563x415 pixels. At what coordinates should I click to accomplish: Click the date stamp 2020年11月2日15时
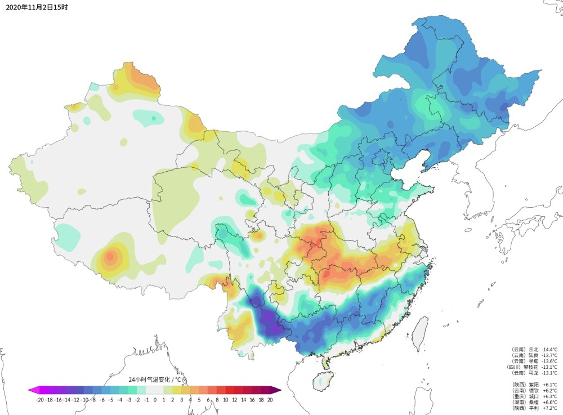[34, 7]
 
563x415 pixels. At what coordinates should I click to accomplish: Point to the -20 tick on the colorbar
[39, 400]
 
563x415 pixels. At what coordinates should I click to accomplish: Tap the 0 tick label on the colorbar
[155, 400]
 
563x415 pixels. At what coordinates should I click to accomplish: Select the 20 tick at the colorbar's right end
[270, 400]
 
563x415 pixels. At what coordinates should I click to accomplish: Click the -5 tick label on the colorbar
[111, 400]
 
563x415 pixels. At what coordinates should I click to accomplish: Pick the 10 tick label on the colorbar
[226, 400]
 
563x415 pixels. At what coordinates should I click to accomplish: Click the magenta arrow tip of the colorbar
[32, 390]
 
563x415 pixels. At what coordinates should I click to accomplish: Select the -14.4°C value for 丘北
[549, 350]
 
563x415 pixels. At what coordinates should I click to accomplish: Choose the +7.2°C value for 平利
[549, 408]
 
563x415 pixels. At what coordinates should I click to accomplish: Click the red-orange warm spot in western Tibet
[110, 257]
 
